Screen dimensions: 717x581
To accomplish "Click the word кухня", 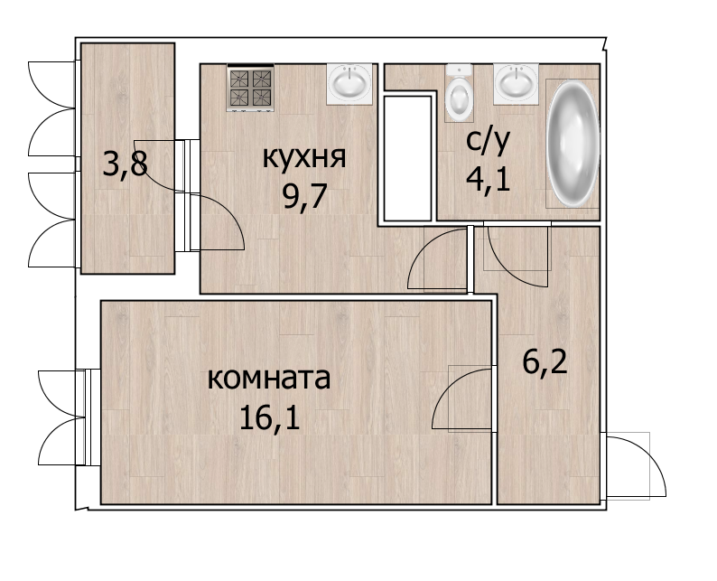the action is click(304, 158).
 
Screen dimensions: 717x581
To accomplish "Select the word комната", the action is click(269, 379).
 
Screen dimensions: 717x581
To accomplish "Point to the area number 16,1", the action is click(269, 417).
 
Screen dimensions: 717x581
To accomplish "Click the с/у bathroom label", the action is click(488, 140).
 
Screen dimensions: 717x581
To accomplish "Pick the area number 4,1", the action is click(488, 178).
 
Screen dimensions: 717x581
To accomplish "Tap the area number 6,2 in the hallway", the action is click(545, 361).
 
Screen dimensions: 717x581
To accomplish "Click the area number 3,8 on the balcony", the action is click(126, 164).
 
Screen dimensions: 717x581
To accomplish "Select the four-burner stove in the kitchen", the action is click(250, 88).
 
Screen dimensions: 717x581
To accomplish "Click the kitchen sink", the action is click(349, 84).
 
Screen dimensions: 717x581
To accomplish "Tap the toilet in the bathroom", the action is click(459, 92).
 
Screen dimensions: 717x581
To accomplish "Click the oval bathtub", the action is click(573, 143).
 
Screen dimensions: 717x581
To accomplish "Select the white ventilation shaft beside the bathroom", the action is click(407, 158).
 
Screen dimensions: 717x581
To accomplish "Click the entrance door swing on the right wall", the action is click(636, 465).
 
